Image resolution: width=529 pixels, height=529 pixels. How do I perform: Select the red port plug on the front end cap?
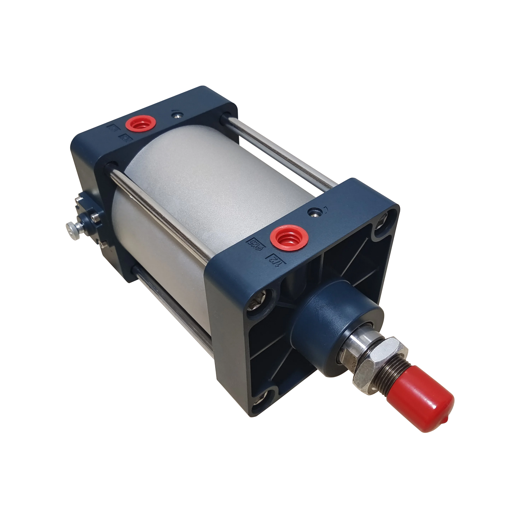(x=289, y=237)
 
